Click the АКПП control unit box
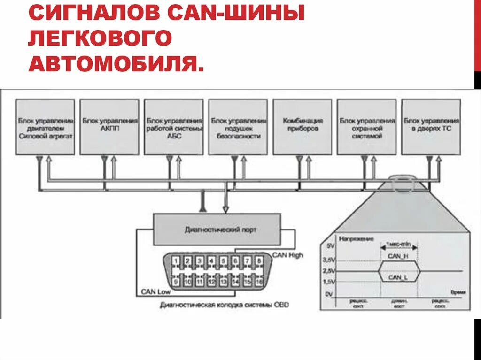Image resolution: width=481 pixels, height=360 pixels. coord(109,127)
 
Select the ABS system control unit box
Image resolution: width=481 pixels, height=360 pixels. coord(174,127)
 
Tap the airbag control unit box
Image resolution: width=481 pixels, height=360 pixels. coord(238,127)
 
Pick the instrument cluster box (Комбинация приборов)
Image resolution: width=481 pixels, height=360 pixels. coord(303,127)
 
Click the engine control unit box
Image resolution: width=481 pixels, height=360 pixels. coord(45,127)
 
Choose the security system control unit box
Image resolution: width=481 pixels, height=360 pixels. coord(367,127)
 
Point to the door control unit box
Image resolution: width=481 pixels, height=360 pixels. coord(431,127)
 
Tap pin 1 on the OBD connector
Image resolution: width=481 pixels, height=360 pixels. coord(175,261)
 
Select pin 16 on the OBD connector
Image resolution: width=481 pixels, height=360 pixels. coord(259,282)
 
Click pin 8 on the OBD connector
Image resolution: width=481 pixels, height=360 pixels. coord(259,261)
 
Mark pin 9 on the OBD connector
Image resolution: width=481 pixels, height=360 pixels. coord(175,282)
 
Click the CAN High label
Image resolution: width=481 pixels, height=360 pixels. coord(288,255)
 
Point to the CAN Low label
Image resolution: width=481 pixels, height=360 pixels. coord(155,291)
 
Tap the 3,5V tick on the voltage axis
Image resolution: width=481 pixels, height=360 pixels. coord(329,259)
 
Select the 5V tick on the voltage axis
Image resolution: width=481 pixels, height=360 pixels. coord(330,245)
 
